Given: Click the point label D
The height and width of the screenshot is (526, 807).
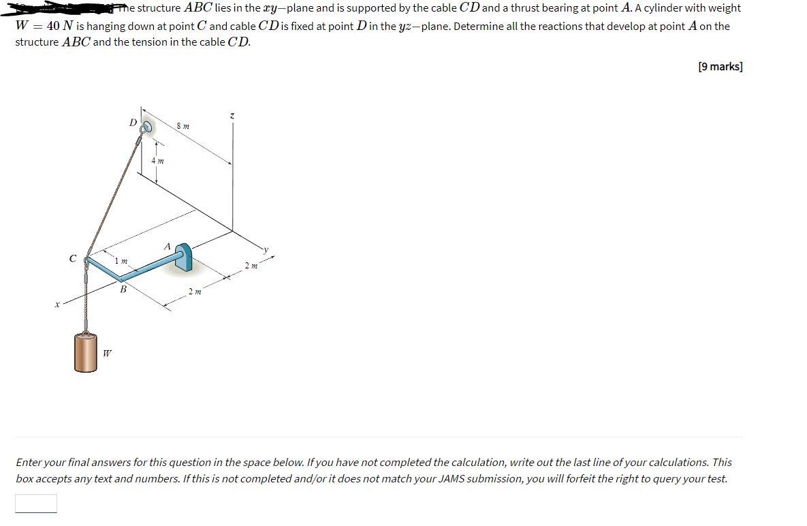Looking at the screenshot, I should tap(133, 123).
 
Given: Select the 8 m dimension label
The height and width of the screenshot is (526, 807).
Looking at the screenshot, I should tap(183, 126).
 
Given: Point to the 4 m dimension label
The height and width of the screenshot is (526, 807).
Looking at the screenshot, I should tap(157, 161).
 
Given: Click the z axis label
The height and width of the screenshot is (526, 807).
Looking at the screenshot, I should tap(232, 117).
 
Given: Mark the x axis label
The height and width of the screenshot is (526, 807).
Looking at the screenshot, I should tap(58, 305).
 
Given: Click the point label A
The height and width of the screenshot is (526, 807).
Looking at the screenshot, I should tap(166, 246).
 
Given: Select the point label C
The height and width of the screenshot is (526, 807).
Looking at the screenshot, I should tap(72, 258).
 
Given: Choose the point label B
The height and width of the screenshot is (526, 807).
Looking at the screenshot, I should tap(123, 289).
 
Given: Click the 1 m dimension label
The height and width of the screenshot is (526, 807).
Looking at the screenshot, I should tap(121, 261).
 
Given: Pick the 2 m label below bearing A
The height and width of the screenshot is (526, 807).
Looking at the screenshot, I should tap(194, 292).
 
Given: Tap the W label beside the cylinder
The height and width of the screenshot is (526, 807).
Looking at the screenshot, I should tap(108, 353).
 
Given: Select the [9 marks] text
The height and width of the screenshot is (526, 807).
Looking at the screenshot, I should tap(720, 66).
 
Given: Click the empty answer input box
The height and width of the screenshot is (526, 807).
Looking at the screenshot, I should tap(36, 503).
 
